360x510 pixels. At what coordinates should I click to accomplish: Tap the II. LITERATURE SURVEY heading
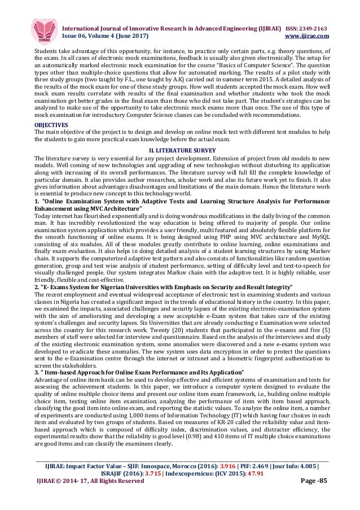180,148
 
